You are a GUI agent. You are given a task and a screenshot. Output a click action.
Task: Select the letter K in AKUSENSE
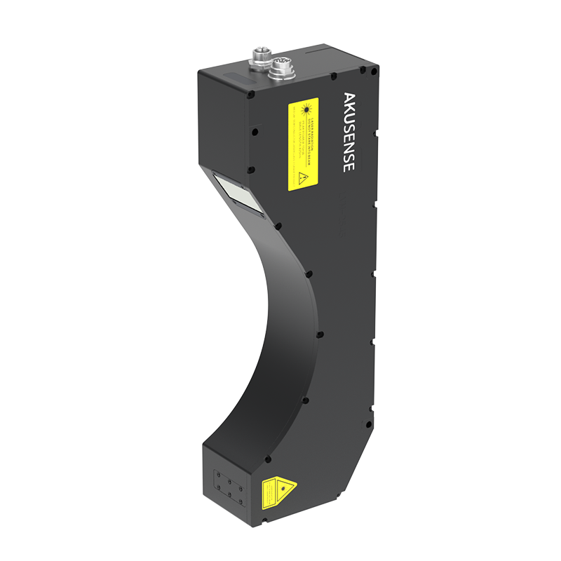pos(349,107)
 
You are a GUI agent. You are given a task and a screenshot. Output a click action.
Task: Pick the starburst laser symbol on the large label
pos(305,110)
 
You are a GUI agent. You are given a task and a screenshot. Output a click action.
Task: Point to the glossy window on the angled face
pos(238,193)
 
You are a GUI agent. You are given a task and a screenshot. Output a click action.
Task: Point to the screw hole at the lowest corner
pos(264,520)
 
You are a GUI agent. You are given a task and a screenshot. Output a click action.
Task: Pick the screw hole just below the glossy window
pos(278,226)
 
